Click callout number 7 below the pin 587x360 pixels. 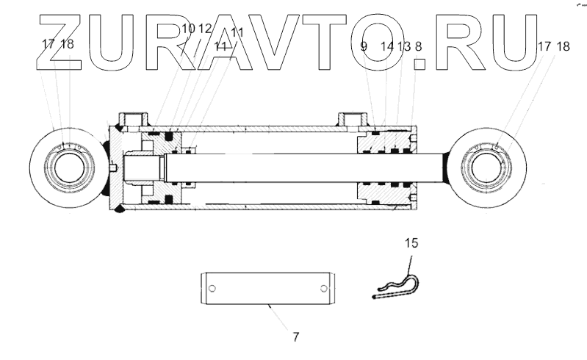pos(295,337)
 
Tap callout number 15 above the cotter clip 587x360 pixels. pos(411,242)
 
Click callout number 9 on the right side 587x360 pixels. pos(364,46)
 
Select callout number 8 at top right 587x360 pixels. pos(418,46)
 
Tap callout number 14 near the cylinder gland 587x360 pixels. pos(388,46)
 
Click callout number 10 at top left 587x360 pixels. pos(188,29)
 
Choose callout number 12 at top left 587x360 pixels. pos(205,29)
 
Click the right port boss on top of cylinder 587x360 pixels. pos(352,118)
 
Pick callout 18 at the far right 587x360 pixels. pos(563,46)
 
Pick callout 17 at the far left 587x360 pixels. pos(48,43)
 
